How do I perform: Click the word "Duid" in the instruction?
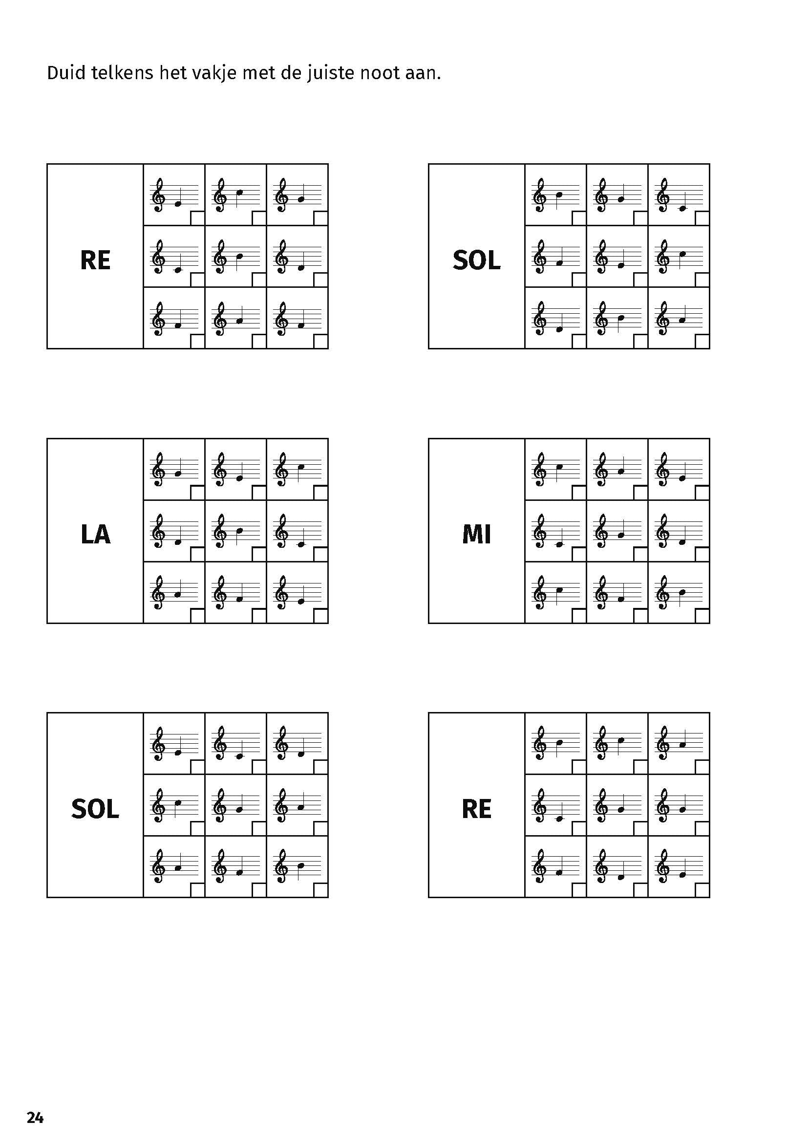[64, 73]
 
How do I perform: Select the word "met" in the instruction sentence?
[258, 73]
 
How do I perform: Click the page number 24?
[35, 1118]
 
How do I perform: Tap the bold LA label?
[95, 534]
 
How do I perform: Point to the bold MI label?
[476, 534]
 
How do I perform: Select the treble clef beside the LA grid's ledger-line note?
[282, 530]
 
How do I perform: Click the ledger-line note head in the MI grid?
[559, 544]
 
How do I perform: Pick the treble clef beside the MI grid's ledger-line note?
[540, 530]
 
